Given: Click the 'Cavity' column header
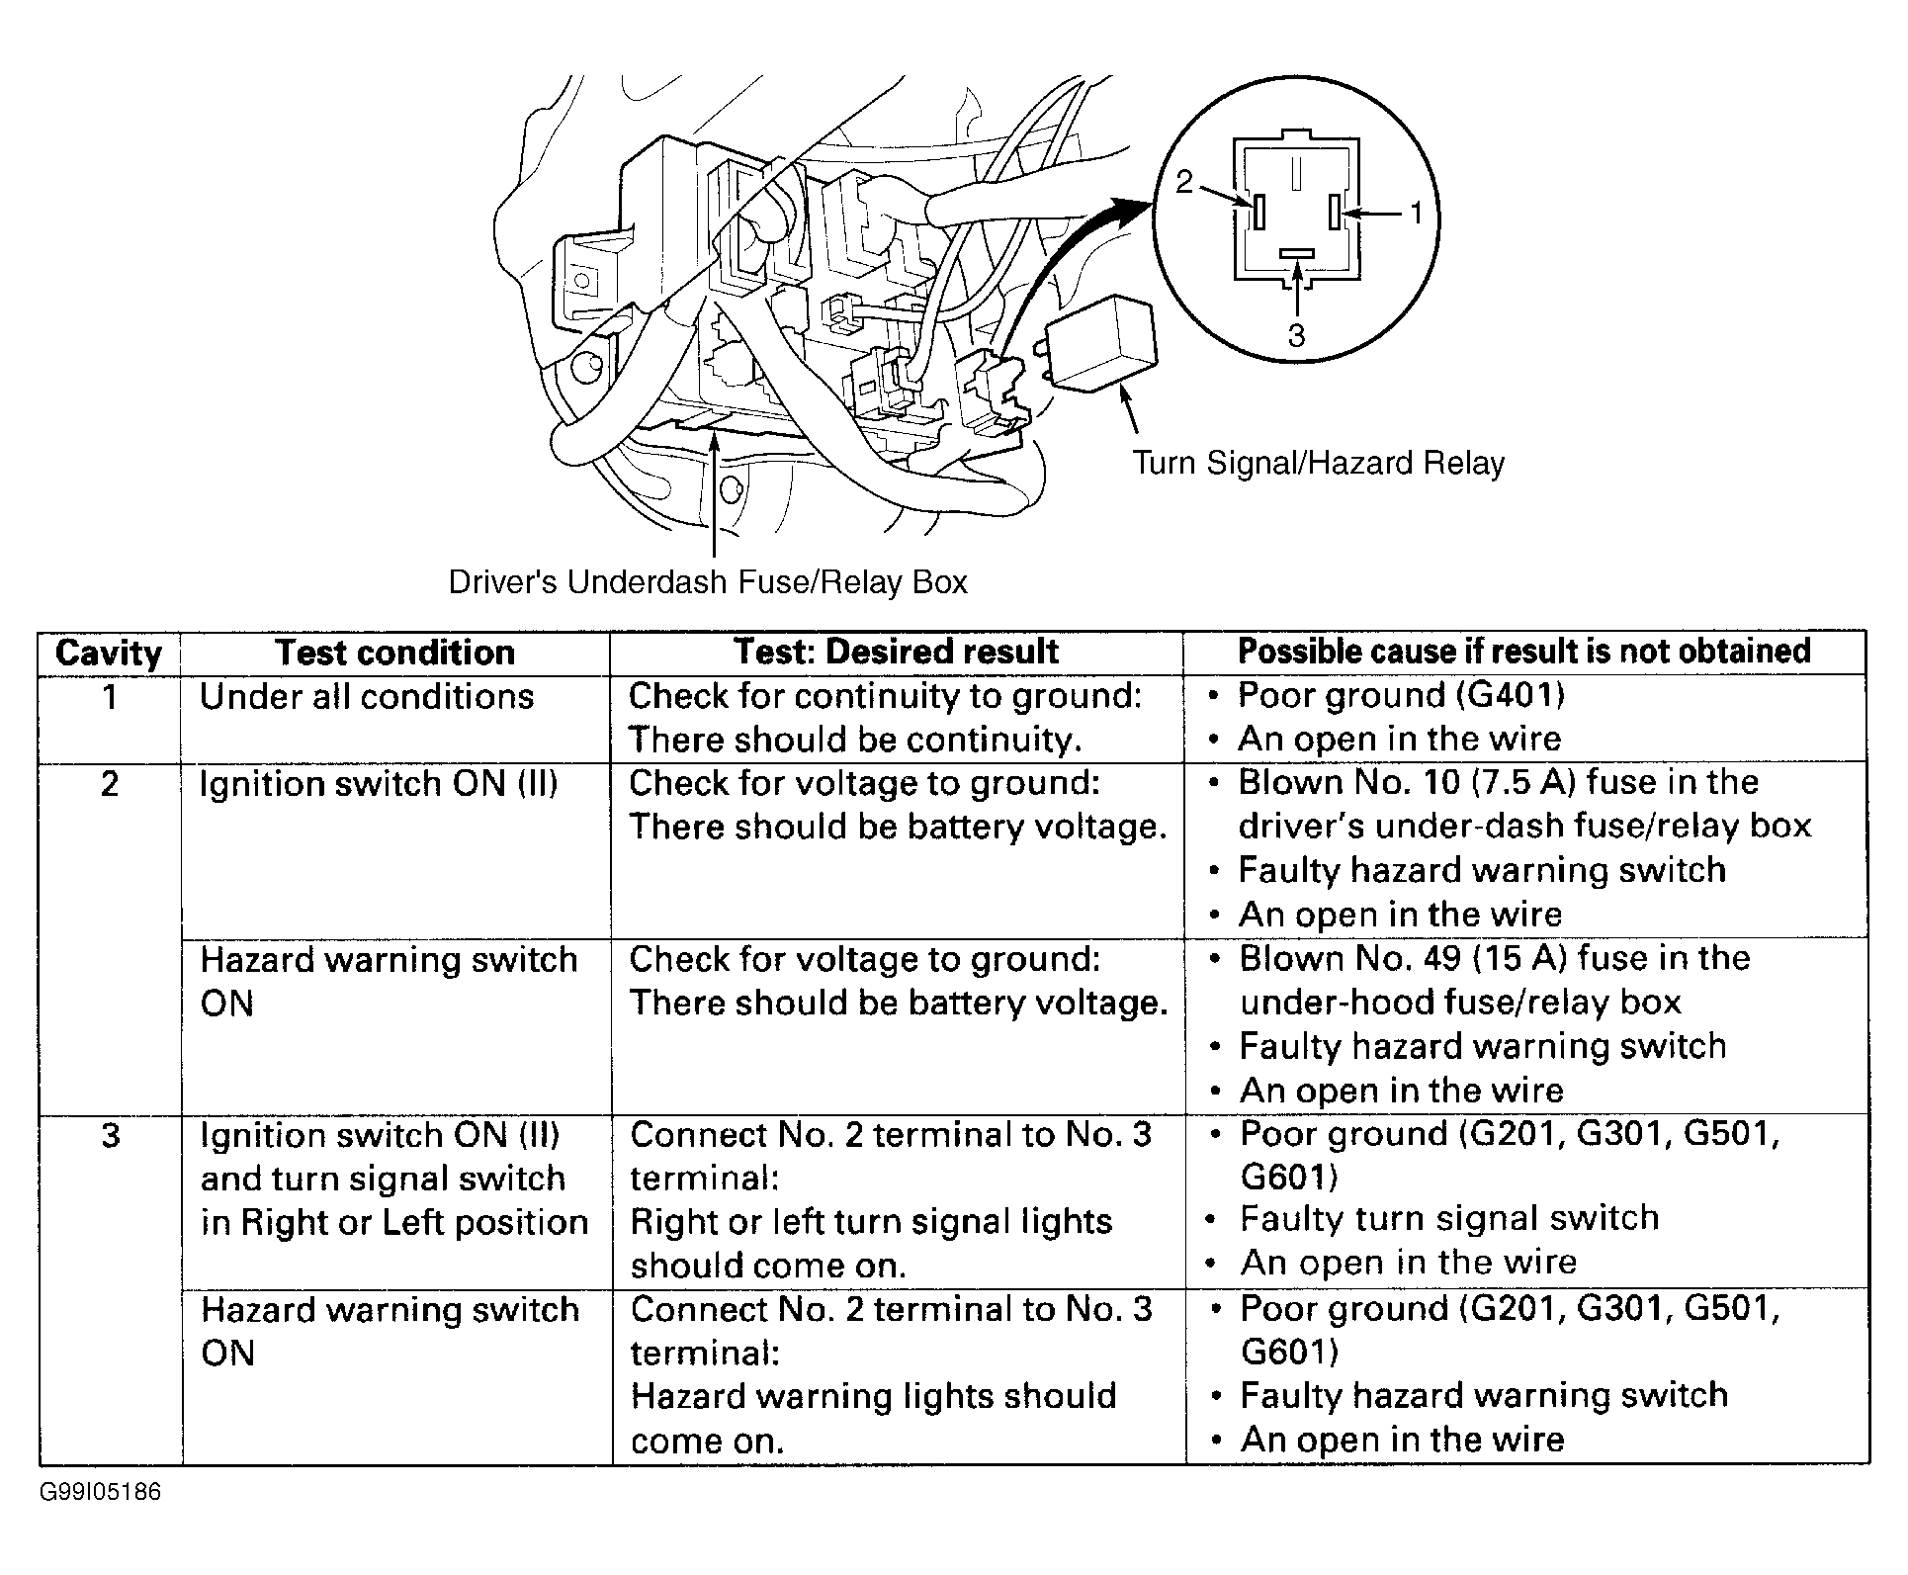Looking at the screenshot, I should pyautogui.click(x=109, y=653).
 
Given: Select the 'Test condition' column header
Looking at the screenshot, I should pyautogui.click(x=394, y=653).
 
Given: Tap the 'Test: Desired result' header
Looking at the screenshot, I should pyautogui.click(x=896, y=652).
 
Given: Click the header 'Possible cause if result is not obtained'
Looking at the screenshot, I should pyautogui.click(x=1523, y=651).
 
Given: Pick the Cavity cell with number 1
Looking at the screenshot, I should pyautogui.click(x=110, y=697).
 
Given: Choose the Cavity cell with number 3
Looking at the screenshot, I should pyautogui.click(x=110, y=1135).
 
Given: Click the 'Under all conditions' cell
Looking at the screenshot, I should pyautogui.click(x=367, y=697).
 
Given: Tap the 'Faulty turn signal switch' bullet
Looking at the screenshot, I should pyautogui.click(x=1448, y=1218).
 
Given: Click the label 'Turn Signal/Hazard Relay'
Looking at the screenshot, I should pyautogui.click(x=1318, y=463).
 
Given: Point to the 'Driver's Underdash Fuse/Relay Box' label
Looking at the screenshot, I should pyautogui.click(x=708, y=581).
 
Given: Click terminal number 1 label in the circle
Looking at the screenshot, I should pyautogui.click(x=1415, y=213).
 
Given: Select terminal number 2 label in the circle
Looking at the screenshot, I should pyautogui.click(x=1184, y=183).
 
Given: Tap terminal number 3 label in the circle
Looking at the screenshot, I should pyautogui.click(x=1296, y=336).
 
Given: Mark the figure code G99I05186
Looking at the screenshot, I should pyautogui.click(x=100, y=1492).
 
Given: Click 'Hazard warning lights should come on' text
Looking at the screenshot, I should pyautogui.click(x=873, y=1417).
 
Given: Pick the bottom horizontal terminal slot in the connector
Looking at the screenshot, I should pyautogui.click(x=1295, y=254).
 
